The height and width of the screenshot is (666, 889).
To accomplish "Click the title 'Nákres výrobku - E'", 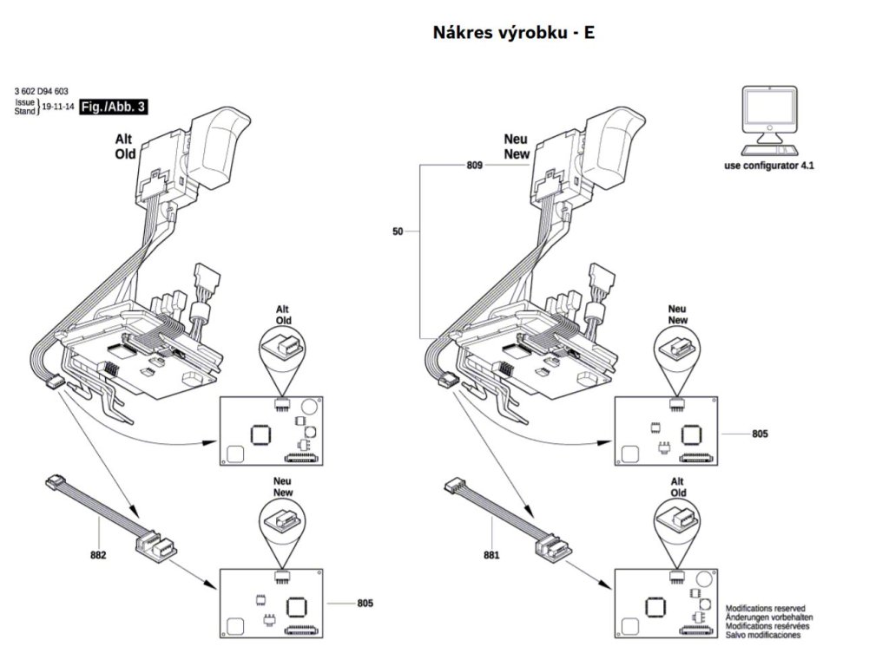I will point(513,33).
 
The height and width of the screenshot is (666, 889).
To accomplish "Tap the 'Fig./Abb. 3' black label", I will point(114,108).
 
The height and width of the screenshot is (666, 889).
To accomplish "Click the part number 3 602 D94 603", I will point(41,91).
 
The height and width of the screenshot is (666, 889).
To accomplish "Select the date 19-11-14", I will point(57,107).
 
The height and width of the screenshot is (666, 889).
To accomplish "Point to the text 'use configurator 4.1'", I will point(769,165).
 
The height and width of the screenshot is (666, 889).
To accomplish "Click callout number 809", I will point(474,165).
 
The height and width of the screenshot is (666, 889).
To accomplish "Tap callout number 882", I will point(98,556).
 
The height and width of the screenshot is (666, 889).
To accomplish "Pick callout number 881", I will point(491,556).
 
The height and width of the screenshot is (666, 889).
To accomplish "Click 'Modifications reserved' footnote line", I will point(765,609).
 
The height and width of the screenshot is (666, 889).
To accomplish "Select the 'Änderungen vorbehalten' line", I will point(768,617).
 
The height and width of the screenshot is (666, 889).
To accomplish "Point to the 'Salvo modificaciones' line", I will point(763,635).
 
